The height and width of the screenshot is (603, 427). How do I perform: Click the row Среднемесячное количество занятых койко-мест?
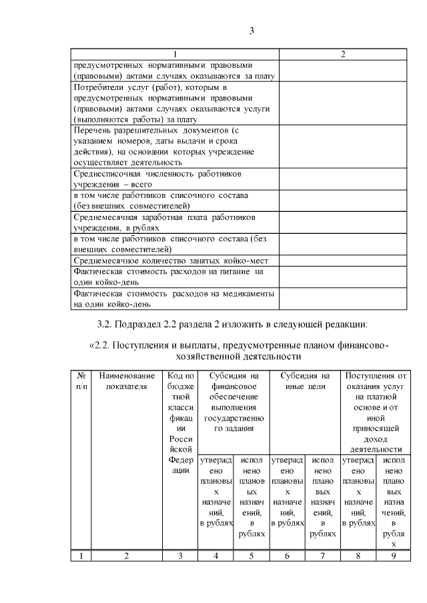(x=175, y=261)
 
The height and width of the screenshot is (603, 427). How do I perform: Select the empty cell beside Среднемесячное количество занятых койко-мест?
(x=343, y=261)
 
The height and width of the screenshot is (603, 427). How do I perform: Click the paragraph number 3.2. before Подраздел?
(x=105, y=325)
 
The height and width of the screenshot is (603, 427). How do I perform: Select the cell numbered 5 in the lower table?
(x=250, y=556)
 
